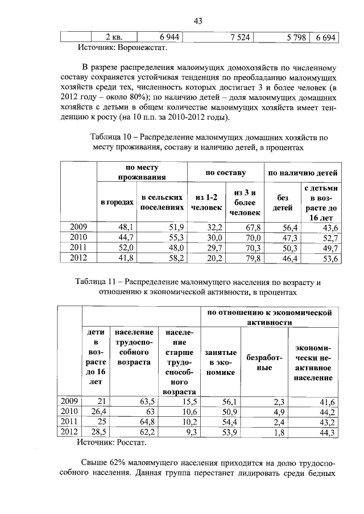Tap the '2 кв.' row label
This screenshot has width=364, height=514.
(x=108, y=37)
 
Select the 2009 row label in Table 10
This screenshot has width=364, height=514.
(x=78, y=227)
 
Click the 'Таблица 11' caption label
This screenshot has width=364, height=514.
(x=99, y=282)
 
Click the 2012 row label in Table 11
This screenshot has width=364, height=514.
(x=69, y=432)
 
